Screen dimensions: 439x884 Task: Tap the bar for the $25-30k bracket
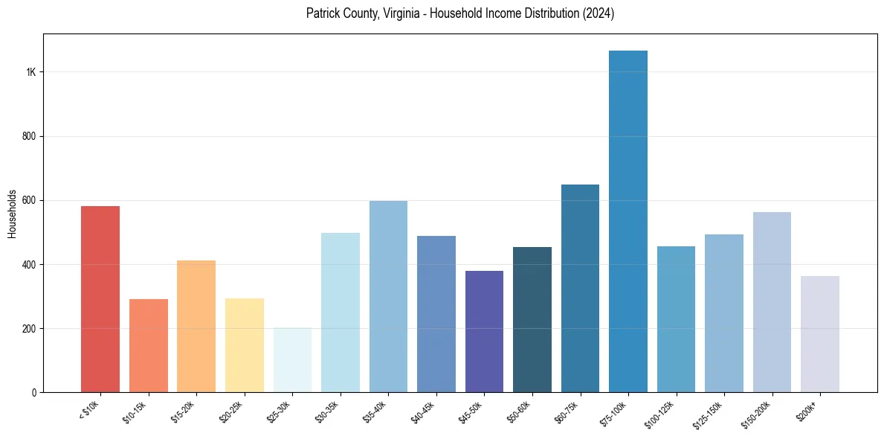(x=292, y=360)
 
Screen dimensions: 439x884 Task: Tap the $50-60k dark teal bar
(x=532, y=319)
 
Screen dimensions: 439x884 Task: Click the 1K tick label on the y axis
(x=31, y=72)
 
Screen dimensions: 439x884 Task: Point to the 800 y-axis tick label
(x=29, y=136)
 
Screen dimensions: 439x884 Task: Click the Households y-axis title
(x=13, y=213)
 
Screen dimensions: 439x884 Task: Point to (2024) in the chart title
(x=599, y=13)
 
